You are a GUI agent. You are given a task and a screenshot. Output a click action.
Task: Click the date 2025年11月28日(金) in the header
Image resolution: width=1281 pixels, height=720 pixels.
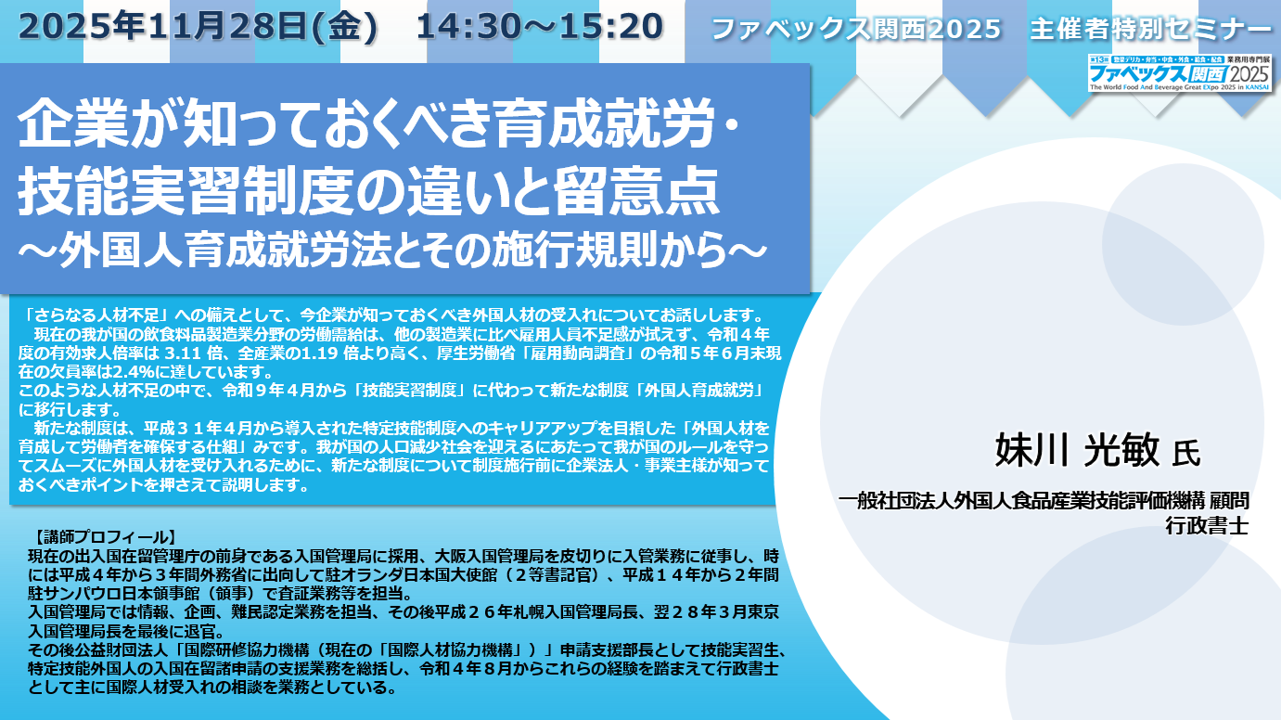pos(198,26)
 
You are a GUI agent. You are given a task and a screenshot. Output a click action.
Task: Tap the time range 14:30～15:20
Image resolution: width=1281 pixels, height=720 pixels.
pos(539,26)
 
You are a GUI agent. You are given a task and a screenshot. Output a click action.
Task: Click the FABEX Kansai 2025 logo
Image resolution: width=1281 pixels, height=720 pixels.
pos(1180,72)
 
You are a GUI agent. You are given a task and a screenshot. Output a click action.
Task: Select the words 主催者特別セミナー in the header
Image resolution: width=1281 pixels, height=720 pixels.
pos(1149,29)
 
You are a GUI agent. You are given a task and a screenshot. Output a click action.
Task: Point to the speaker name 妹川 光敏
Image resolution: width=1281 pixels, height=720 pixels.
pos(1078,449)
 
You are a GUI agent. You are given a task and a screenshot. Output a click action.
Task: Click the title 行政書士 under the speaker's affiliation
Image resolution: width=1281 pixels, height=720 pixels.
pos(1207,525)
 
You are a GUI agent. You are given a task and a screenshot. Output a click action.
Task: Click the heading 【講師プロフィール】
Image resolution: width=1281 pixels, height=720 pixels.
pos(102,537)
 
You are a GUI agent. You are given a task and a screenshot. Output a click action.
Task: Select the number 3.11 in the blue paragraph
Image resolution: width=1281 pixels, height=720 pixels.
pos(183,353)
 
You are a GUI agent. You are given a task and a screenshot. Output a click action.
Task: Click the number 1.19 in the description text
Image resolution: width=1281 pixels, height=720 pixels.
pos(320,353)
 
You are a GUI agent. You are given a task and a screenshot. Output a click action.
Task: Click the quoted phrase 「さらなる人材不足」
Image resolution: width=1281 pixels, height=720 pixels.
pos(96,315)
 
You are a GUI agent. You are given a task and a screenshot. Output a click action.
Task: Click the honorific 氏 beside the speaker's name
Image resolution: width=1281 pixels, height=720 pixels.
pos(1186,454)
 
